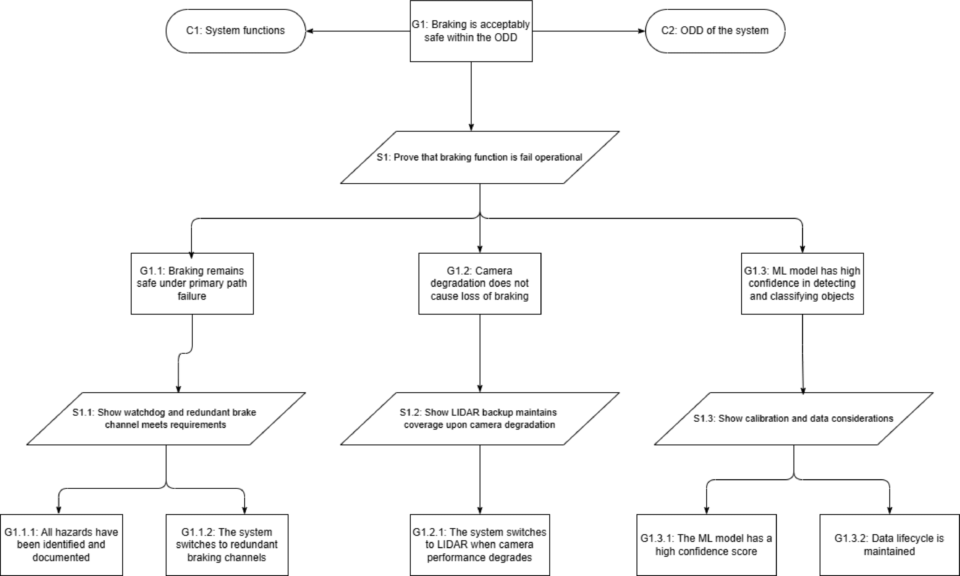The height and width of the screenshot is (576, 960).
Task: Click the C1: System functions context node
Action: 236,31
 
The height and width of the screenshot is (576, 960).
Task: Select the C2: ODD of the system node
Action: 715,31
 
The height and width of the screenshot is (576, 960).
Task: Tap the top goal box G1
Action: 471,31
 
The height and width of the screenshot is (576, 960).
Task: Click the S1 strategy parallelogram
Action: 480,157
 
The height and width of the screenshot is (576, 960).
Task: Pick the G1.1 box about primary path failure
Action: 192,283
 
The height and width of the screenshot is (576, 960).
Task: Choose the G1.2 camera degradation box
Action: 480,283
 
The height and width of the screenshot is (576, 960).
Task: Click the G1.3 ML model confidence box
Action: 802,283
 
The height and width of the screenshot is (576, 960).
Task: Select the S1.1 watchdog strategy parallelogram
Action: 166,418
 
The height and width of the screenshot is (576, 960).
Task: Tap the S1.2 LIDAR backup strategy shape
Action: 480,418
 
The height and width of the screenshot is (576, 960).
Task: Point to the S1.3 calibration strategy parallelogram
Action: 793,418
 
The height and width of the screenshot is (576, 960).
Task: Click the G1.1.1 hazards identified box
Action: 61,545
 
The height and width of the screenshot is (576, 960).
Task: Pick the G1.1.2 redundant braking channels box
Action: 227,545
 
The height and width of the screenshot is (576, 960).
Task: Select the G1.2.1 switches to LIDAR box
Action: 480,545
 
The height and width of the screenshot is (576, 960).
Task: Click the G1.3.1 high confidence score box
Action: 706,545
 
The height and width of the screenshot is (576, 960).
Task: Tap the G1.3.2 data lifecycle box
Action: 889,545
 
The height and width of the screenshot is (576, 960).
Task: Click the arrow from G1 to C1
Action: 358,31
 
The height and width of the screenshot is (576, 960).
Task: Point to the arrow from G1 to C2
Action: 589,31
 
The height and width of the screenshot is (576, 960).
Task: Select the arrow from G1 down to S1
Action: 471,96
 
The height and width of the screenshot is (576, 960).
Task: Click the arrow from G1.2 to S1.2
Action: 480,353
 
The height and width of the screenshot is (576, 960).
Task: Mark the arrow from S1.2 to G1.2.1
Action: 480,480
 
